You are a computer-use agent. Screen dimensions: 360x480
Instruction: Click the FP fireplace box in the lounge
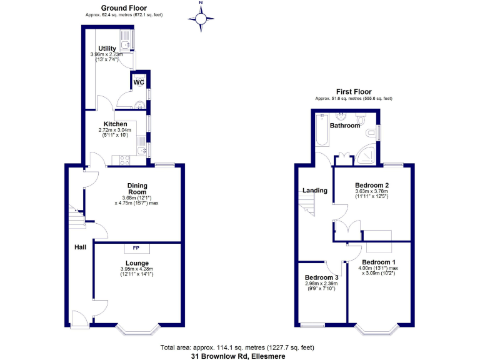(x=136, y=248)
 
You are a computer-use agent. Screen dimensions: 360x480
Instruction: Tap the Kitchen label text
(x=116, y=124)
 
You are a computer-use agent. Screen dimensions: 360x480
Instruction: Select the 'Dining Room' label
(x=136, y=188)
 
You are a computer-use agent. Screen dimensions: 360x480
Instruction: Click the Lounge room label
(x=136, y=263)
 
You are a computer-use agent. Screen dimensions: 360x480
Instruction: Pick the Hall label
(x=81, y=248)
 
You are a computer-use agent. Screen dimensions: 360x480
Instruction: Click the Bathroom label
(x=345, y=126)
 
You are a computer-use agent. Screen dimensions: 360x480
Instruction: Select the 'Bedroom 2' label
(x=372, y=186)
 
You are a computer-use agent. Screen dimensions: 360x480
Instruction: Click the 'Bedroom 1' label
(x=378, y=262)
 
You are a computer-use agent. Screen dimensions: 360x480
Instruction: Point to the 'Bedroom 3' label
(x=322, y=277)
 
